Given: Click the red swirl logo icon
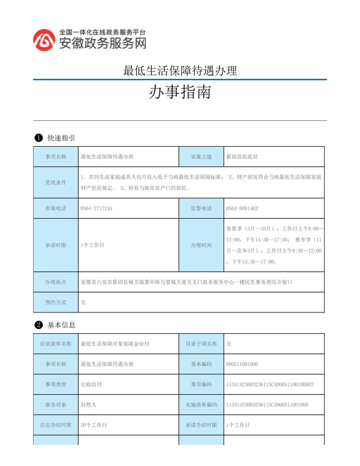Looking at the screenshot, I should click(x=45, y=40).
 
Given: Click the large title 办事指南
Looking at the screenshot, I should click(x=180, y=92).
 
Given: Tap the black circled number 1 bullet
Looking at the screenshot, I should click(x=38, y=138).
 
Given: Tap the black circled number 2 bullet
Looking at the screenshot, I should click(x=38, y=325).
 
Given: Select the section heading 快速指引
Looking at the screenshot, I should click(x=61, y=138).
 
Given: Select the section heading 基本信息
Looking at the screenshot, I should click(x=61, y=325).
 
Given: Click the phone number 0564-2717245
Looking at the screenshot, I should click(x=97, y=208).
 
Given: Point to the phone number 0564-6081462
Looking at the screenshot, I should click(x=242, y=208).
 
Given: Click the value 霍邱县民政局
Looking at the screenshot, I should click(x=242, y=157).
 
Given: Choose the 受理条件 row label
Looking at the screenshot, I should click(x=56, y=183).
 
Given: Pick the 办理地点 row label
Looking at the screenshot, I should click(x=56, y=282).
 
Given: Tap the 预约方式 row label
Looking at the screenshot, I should click(x=56, y=302).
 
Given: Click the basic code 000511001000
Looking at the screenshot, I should click(x=242, y=364).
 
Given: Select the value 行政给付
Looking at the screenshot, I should click(x=91, y=384).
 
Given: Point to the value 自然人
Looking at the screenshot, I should click(x=89, y=405).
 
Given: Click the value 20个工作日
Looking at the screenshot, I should click(x=94, y=425).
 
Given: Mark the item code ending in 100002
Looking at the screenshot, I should click(x=270, y=384).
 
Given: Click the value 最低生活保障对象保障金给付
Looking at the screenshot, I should click(x=115, y=344).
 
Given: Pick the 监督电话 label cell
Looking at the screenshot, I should click(x=201, y=208).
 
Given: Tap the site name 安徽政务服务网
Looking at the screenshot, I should click(x=102, y=43).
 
